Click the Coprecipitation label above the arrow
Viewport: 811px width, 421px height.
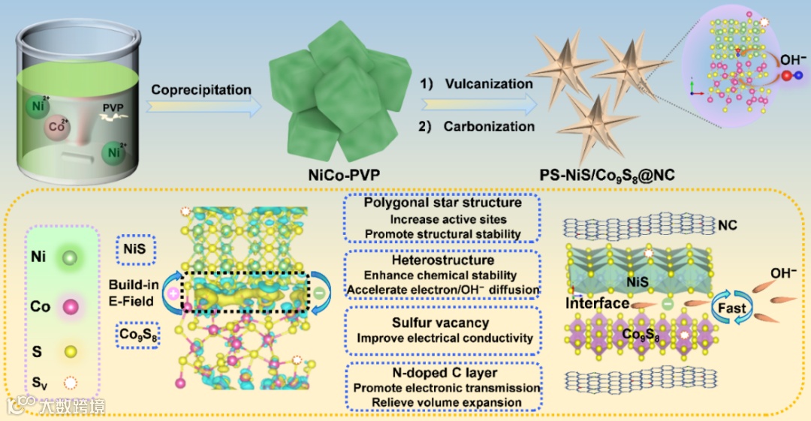[201, 90]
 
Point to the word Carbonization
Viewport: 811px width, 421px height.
[489, 126]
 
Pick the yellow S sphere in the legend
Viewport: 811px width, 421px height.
[71, 351]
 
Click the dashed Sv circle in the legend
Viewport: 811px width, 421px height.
[71, 383]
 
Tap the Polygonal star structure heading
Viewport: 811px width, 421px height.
[442, 203]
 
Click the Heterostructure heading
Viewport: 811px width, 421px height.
[443, 260]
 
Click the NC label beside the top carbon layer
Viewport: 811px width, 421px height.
[727, 224]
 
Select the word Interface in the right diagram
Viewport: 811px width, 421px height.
[597, 303]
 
